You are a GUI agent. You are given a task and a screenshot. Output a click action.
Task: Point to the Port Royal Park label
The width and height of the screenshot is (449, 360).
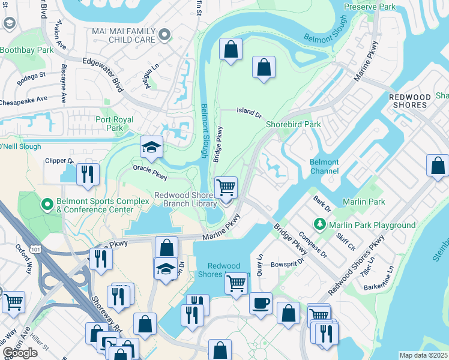point(110,123)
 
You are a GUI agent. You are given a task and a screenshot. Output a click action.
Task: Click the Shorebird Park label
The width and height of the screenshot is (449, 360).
point(294,124)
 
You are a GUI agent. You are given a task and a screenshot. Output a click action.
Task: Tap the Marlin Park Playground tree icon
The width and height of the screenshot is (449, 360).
point(321,224)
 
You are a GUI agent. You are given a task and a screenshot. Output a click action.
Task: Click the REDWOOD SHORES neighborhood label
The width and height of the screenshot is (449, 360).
point(410,101)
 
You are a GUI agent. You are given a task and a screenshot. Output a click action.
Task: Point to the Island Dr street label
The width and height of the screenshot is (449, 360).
point(249,112)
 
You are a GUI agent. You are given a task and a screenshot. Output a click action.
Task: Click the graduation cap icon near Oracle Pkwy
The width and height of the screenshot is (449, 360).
point(152,147)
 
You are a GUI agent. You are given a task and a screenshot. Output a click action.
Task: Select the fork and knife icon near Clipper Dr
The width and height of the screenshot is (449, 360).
point(88,173)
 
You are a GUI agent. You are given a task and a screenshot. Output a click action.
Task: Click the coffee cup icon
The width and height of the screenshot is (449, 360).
point(261,302)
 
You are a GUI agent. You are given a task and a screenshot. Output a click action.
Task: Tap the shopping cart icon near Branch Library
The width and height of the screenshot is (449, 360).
point(226,187)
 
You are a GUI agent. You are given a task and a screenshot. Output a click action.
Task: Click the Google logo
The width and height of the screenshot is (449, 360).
point(20,353)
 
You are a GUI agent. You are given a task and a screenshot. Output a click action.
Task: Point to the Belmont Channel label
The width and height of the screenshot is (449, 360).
point(324,166)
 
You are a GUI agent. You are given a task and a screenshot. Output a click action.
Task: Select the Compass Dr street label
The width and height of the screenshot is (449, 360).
point(312,244)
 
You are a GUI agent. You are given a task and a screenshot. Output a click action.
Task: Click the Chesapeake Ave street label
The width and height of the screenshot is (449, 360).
point(24,99)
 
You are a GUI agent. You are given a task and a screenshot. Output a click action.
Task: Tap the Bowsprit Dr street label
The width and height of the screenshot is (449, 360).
point(288,263)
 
